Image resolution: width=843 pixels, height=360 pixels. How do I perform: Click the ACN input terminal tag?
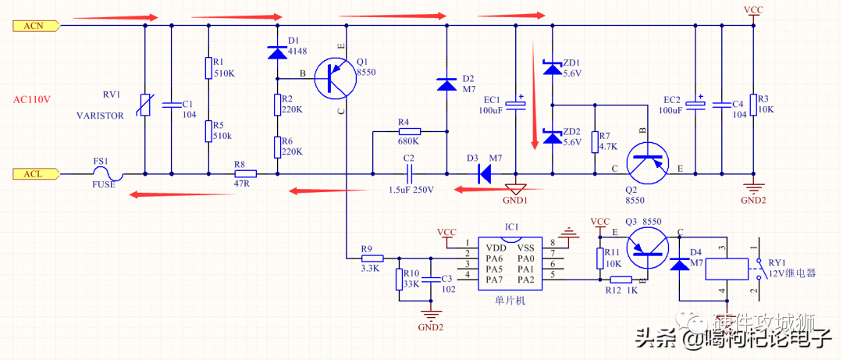[36, 26]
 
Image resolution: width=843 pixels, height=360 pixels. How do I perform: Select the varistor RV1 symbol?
[146, 105]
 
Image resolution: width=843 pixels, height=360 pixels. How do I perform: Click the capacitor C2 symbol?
[408, 173]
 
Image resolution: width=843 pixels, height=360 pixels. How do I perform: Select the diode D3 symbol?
[484, 173]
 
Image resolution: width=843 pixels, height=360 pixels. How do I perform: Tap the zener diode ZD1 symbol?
[552, 70]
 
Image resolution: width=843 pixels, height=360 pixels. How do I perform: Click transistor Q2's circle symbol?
[648, 162]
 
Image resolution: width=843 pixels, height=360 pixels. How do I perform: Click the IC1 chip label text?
[511, 226]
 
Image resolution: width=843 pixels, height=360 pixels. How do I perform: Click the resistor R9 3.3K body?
[372, 257]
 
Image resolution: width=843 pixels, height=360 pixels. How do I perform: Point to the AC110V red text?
[32, 99]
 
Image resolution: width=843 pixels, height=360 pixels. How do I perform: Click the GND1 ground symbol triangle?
[515, 187]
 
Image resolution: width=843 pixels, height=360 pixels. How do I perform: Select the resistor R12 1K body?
[621, 280]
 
